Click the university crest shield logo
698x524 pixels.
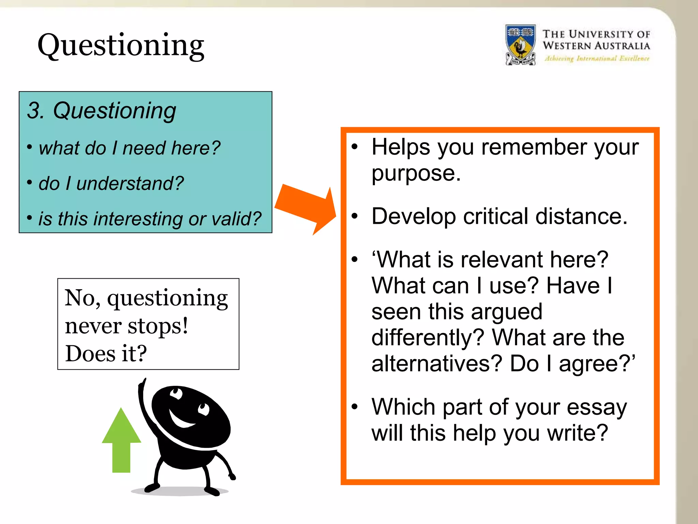click(520, 44)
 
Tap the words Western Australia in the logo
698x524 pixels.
click(596, 46)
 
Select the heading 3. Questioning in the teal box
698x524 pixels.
click(101, 111)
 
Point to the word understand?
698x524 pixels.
click(130, 184)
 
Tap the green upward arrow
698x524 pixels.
click(121, 440)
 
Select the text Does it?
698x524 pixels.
click(106, 353)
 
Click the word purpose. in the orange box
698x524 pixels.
click(416, 173)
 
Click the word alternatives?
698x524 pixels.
click(437, 364)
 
